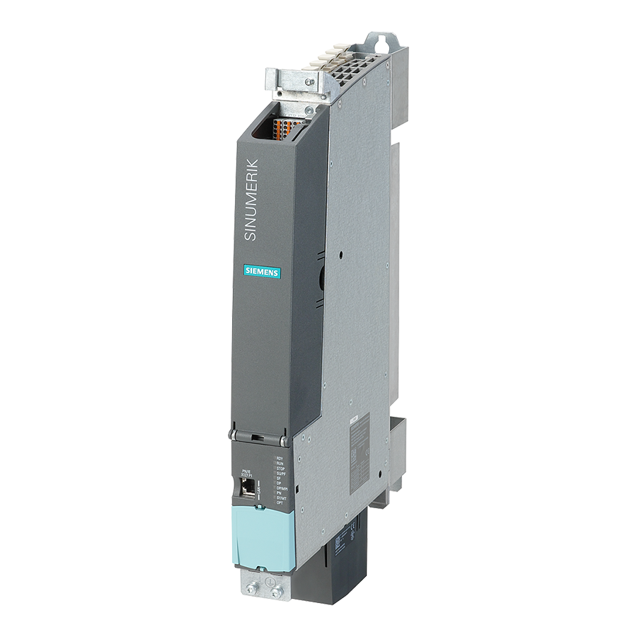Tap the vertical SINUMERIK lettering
click(x=252, y=200)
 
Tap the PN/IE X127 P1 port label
click(x=246, y=472)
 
